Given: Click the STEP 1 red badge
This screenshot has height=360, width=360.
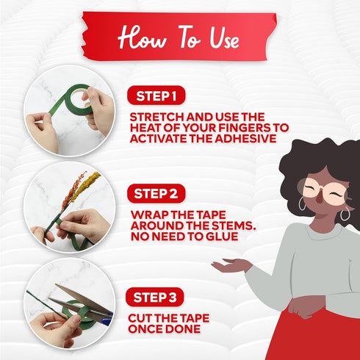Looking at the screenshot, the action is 156,96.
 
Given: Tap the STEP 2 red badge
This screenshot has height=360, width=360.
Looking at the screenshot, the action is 156,193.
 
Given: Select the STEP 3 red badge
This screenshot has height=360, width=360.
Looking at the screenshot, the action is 155,297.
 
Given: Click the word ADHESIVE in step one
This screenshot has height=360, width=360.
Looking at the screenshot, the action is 245,139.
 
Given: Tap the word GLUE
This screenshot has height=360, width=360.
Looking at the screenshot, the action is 222,237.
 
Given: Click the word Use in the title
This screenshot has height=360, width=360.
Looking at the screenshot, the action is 224,37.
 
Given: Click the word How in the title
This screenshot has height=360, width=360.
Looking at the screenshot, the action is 143,37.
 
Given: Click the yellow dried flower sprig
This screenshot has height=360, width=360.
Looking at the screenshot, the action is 85,187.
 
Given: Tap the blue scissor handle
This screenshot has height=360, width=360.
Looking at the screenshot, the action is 107,319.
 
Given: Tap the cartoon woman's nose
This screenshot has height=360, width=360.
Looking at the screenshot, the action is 320,198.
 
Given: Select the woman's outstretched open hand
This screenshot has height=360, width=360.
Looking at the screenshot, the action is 230,266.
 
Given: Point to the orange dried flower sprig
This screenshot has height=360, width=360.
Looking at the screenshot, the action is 73,190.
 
